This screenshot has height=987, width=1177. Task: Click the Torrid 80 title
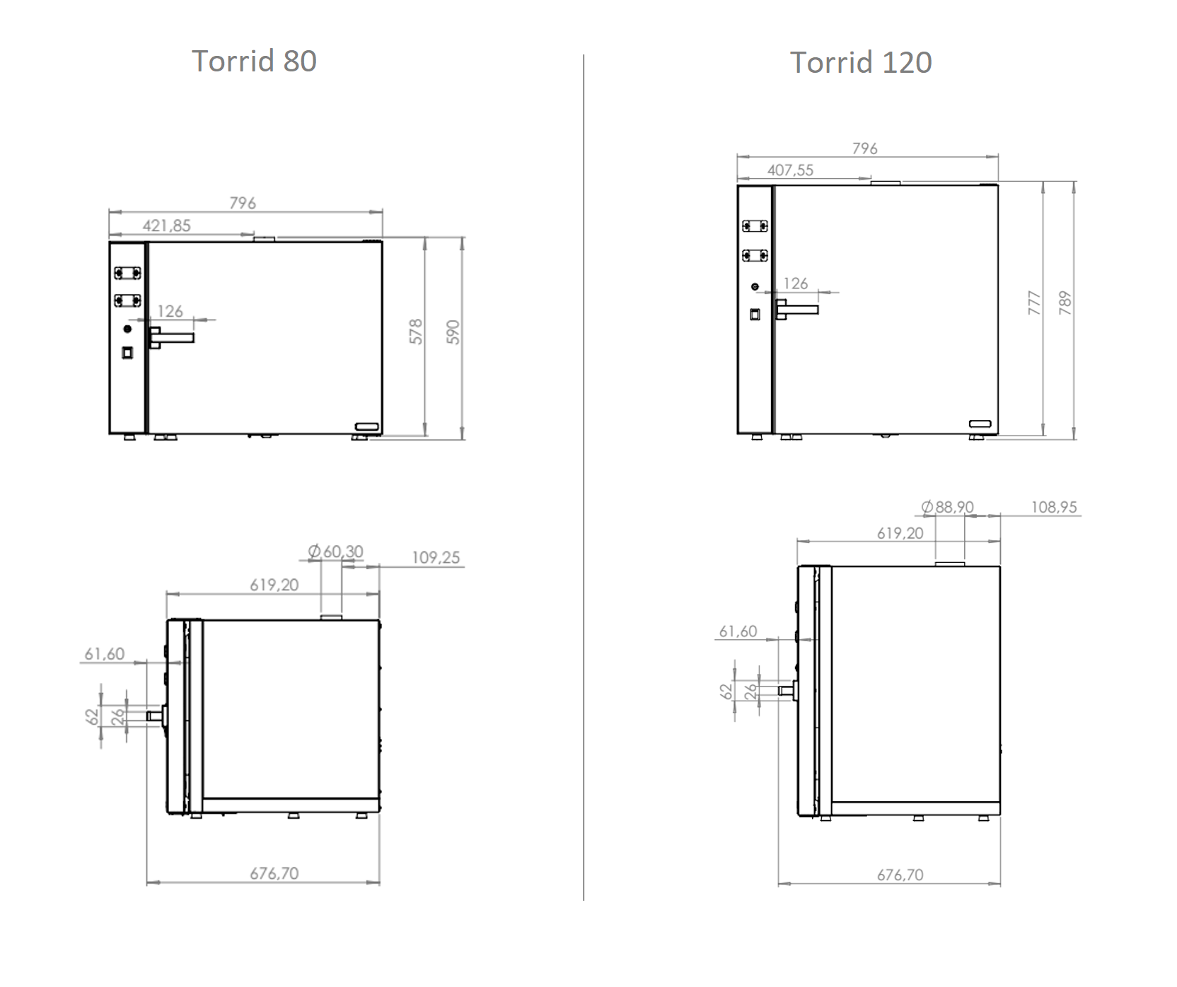tap(254, 62)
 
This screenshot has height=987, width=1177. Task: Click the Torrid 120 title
tap(861, 63)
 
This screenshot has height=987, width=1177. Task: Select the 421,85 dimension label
tap(167, 226)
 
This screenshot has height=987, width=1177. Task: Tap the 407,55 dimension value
tap(790, 170)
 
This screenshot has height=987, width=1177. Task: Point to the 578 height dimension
tap(416, 332)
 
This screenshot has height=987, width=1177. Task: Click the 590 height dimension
tap(453, 332)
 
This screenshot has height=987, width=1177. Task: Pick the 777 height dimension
tap(1034, 303)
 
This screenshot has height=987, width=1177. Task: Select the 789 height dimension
tap(1065, 303)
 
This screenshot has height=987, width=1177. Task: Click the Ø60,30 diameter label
tap(336, 551)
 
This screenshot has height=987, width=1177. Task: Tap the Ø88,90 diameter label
tap(947, 507)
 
